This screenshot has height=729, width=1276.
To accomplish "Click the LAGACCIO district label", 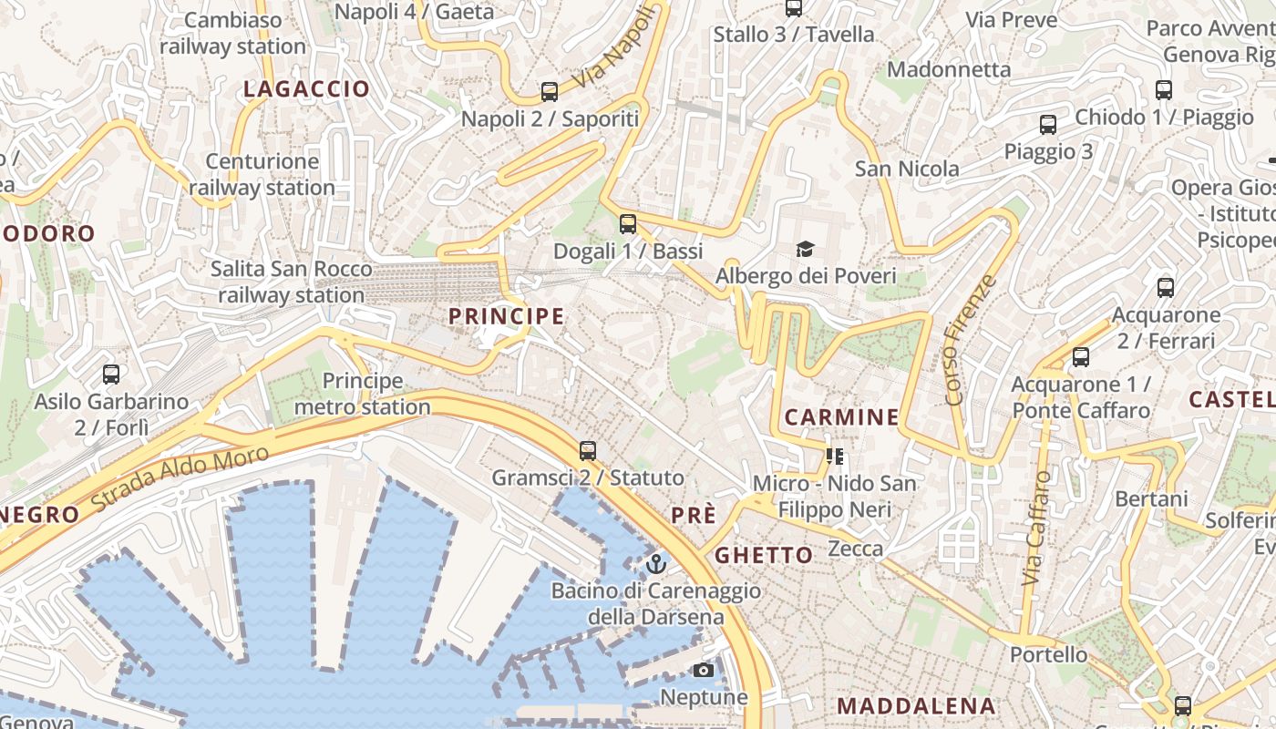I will coord(306,89).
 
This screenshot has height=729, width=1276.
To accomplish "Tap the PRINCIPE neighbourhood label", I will coord(507,316).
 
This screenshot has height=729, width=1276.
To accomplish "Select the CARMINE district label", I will coord(841,417).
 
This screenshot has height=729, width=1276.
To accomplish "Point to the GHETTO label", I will coord(764,555).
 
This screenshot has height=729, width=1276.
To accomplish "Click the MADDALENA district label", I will coord(916,705).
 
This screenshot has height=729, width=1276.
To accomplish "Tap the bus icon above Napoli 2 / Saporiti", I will coord(549,92).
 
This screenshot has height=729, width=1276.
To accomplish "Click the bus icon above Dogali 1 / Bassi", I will coord(627,224).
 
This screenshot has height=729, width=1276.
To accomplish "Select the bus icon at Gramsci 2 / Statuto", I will coord(588,450).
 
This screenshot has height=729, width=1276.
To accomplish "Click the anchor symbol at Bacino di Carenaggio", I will coord(655,564).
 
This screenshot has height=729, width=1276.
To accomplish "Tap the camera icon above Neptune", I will coord(703,671).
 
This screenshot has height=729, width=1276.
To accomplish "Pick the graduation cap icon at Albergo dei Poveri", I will coord(805,249).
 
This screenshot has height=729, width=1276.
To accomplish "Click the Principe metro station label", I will coord(362,394).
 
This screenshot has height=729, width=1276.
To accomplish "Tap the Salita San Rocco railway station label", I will coord(292,282).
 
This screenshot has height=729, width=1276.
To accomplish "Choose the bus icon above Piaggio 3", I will coord(1048,125).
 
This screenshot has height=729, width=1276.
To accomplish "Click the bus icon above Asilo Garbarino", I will coord(111,374).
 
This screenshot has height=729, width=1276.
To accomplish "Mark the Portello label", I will coord(1048,654).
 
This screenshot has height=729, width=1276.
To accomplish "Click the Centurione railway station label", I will coord(262,175).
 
